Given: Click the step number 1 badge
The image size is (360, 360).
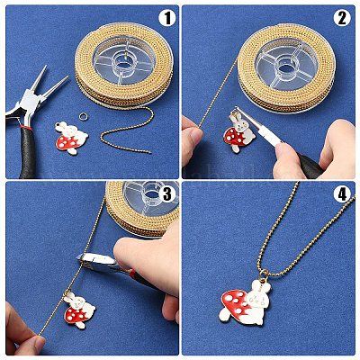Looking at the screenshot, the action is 166,19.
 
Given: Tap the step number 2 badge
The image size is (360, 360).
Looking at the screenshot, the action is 342,19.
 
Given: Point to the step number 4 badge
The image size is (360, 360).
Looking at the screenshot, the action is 342,194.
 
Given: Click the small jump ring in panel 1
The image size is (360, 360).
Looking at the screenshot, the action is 83,115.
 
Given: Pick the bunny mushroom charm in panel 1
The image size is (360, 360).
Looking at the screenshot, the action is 71,138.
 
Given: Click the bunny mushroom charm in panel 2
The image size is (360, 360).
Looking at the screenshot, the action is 238,131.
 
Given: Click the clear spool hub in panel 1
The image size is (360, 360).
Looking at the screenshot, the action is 123,60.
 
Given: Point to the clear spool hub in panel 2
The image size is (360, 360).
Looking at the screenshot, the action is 286,65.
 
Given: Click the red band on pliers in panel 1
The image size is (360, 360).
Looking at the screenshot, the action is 26,127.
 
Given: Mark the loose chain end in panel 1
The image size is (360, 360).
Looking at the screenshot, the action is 149,152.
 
